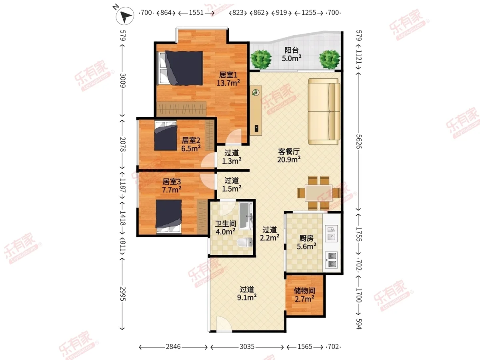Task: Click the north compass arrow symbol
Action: click(x=125, y=16)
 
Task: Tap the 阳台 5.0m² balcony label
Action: click(x=292, y=54)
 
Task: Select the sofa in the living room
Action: click(x=324, y=111)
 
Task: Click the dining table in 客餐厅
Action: click(x=319, y=193)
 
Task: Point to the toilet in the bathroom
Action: click(x=245, y=242)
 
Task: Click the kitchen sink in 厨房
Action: click(x=331, y=234)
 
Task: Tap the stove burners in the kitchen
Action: click(x=332, y=260)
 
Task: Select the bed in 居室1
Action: click(x=180, y=68)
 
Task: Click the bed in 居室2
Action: click(x=166, y=136)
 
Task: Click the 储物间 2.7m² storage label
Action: click(x=304, y=295)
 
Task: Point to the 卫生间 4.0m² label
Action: click(x=226, y=228)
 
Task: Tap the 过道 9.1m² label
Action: click(x=247, y=293)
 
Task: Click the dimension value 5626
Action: click(x=359, y=141)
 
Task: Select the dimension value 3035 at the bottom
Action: click(x=247, y=347)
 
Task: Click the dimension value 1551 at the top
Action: click(x=196, y=13)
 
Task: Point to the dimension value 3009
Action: click(x=123, y=80)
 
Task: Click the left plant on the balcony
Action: click(x=261, y=59)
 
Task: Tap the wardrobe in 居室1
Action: click(x=181, y=109)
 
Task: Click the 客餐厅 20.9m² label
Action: click(x=289, y=156)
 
